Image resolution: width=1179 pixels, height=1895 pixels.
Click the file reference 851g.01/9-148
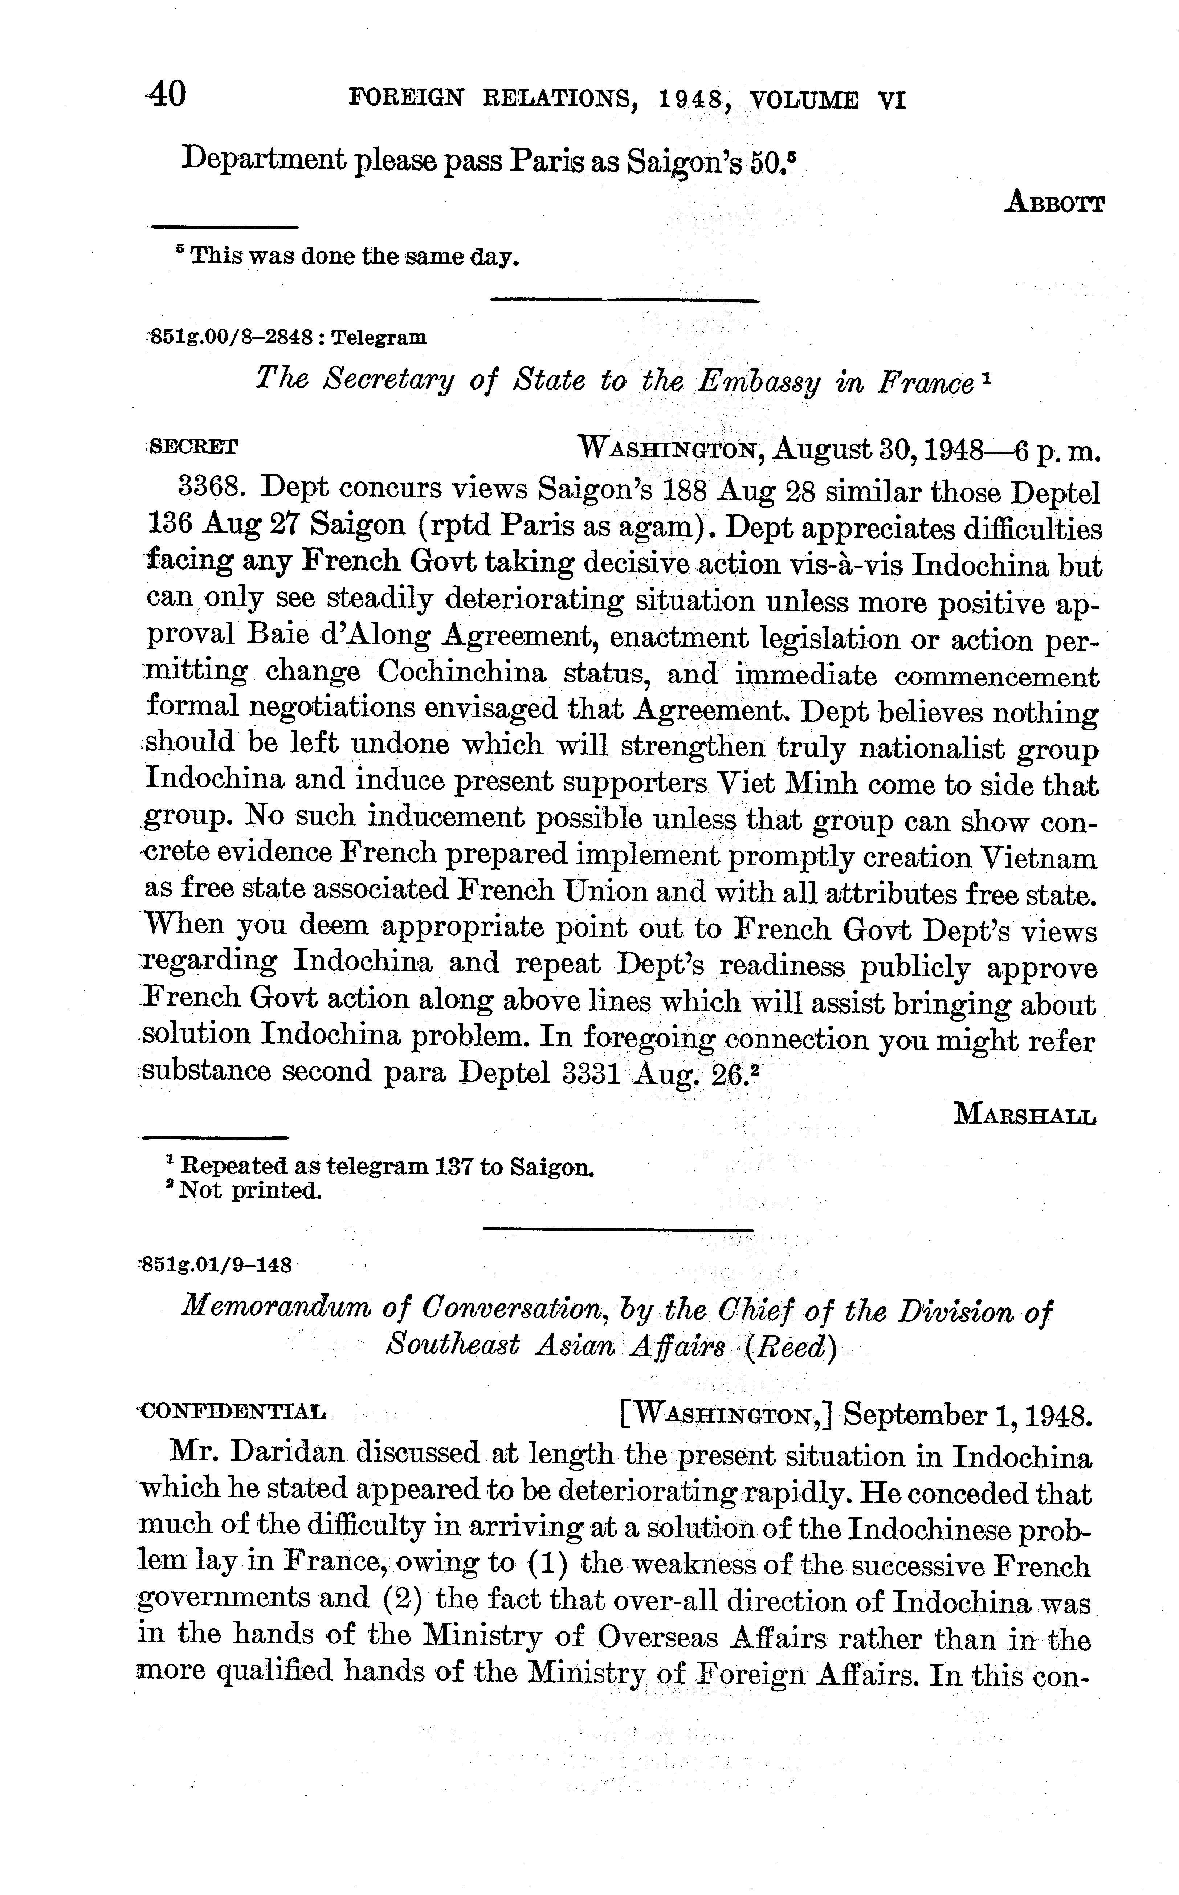[215, 1265]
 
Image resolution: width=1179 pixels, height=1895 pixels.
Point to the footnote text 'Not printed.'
[249, 1191]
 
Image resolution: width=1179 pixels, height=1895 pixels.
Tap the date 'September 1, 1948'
[967, 1414]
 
